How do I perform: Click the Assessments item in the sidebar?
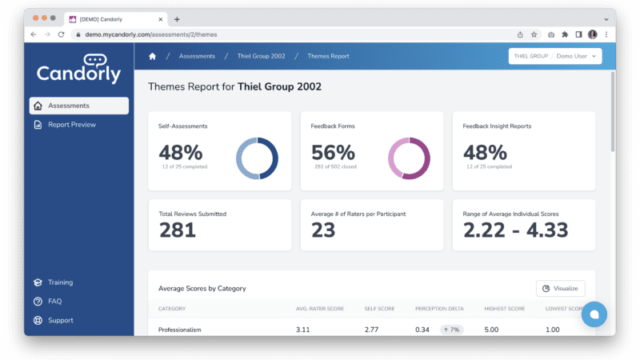click(x=78, y=106)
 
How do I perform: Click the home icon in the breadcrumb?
click(x=152, y=56)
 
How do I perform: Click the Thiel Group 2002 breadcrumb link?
click(x=262, y=56)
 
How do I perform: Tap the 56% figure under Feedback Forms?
click(x=333, y=153)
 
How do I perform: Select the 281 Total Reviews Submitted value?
click(x=178, y=230)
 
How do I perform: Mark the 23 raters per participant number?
click(x=323, y=230)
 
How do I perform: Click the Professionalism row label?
click(x=179, y=330)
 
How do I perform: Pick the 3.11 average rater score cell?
click(x=303, y=330)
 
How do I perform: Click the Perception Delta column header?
click(x=439, y=309)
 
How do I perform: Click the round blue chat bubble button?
click(x=594, y=314)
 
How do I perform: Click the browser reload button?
click(x=62, y=34)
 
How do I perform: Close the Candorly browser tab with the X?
click(x=161, y=19)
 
